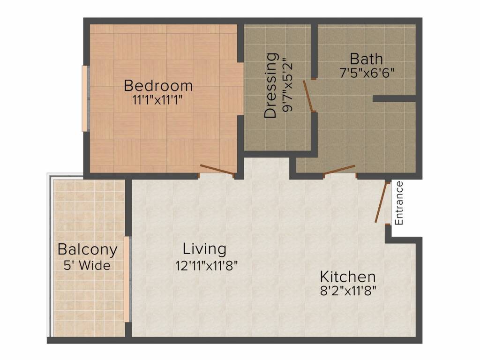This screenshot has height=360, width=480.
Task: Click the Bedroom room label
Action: click(x=158, y=86)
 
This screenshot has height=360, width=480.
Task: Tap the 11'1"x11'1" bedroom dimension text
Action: click(x=158, y=99)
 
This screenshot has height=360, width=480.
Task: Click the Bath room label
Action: click(x=366, y=59)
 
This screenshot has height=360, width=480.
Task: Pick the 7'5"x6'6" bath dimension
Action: click(x=366, y=73)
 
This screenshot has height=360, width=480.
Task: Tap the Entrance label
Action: click(x=399, y=202)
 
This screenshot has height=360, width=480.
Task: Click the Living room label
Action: click(x=204, y=248)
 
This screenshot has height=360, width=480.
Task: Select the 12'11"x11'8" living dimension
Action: click(x=207, y=266)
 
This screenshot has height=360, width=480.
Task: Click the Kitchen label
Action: click(x=347, y=276)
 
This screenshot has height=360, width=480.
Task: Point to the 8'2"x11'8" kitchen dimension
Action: click(x=347, y=290)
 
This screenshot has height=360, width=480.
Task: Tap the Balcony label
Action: click(x=87, y=249)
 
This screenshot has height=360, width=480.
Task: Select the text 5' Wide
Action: click(x=87, y=265)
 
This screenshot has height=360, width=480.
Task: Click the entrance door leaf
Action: click(x=382, y=202)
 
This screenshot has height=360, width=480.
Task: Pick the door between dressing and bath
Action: click(x=308, y=97)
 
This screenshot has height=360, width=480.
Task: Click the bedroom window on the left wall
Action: click(x=85, y=98)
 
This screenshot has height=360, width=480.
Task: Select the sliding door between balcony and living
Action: click(x=126, y=279)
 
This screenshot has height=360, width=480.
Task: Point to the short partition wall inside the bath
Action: click(x=394, y=99)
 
